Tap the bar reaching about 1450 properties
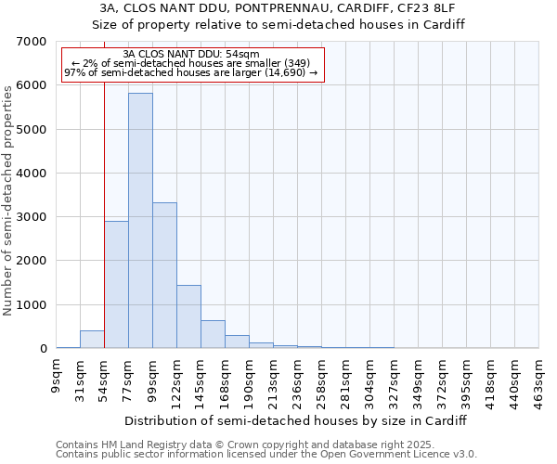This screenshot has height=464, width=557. [188, 316]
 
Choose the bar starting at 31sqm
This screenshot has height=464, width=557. [92, 340]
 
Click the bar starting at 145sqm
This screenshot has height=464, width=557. [213, 334]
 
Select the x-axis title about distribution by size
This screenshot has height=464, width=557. [295, 420]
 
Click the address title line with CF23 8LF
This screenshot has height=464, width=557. [278, 8]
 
